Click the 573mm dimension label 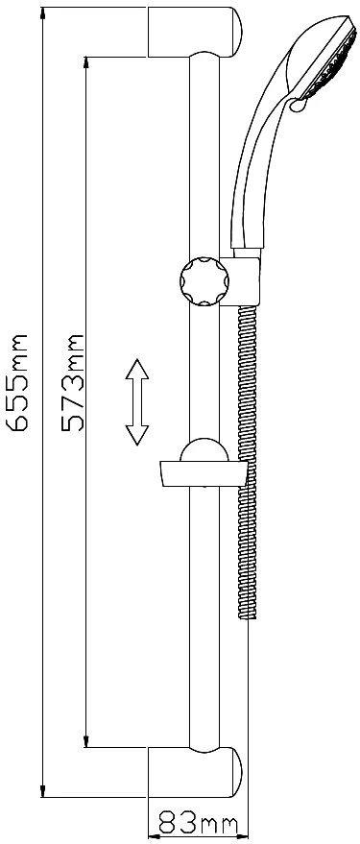click(x=73, y=382)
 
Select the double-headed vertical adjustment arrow click(x=137, y=401)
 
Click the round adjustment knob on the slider click(x=204, y=281)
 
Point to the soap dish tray click(x=204, y=473)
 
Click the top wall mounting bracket click(x=195, y=32)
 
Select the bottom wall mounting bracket click(x=195, y=772)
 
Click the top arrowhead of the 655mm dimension click(x=42, y=12)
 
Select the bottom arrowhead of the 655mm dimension click(x=42, y=791)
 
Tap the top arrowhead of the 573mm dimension click(x=86, y=63)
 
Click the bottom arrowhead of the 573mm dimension click(x=86, y=740)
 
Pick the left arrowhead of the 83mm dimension click(x=155, y=836)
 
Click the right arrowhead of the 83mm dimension click(x=242, y=836)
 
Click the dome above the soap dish click(x=204, y=450)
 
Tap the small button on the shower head click(x=297, y=105)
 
